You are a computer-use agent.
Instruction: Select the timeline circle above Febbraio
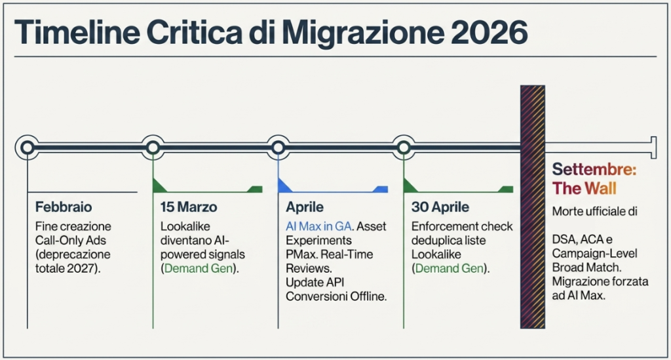[x=28, y=148]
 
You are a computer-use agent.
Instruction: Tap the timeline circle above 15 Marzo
[x=153, y=148]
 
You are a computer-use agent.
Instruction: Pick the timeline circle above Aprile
[x=278, y=148]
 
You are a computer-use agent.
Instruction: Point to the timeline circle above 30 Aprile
[x=404, y=148]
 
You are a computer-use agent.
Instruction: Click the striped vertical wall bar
[x=533, y=207]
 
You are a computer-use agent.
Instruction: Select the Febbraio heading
[x=64, y=207]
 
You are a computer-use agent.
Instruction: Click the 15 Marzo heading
[x=189, y=207]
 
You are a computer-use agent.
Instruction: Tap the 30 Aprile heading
[x=440, y=207]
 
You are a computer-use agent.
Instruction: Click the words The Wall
[x=584, y=189]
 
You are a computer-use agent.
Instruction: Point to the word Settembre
[x=594, y=169]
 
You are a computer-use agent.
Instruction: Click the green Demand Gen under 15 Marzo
[x=197, y=268]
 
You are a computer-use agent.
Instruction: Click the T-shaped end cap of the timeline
[x=653, y=148]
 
